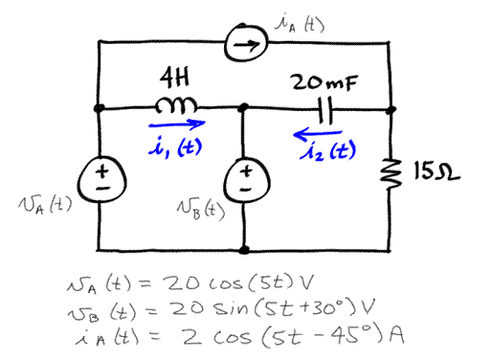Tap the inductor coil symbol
point(183,104)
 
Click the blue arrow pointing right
point(175,123)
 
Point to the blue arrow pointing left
point(323,133)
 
